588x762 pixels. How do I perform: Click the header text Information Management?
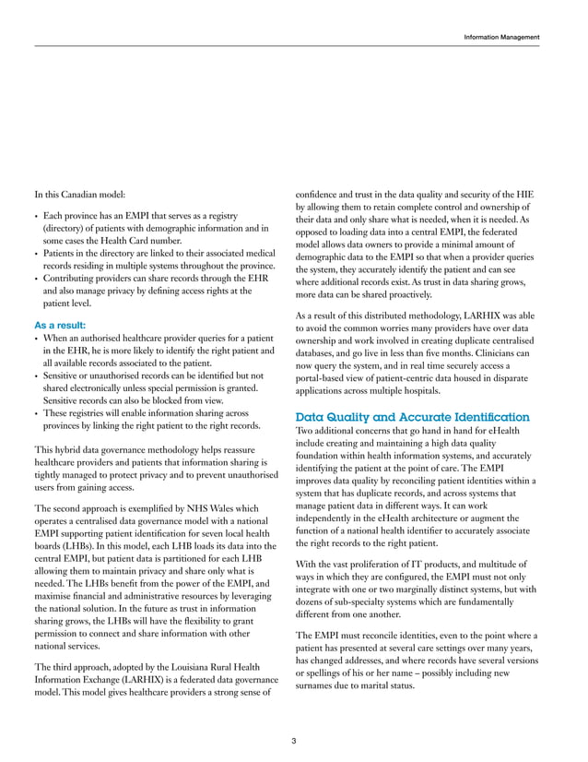click(501, 37)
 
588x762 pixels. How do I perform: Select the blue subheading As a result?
click(60, 326)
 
